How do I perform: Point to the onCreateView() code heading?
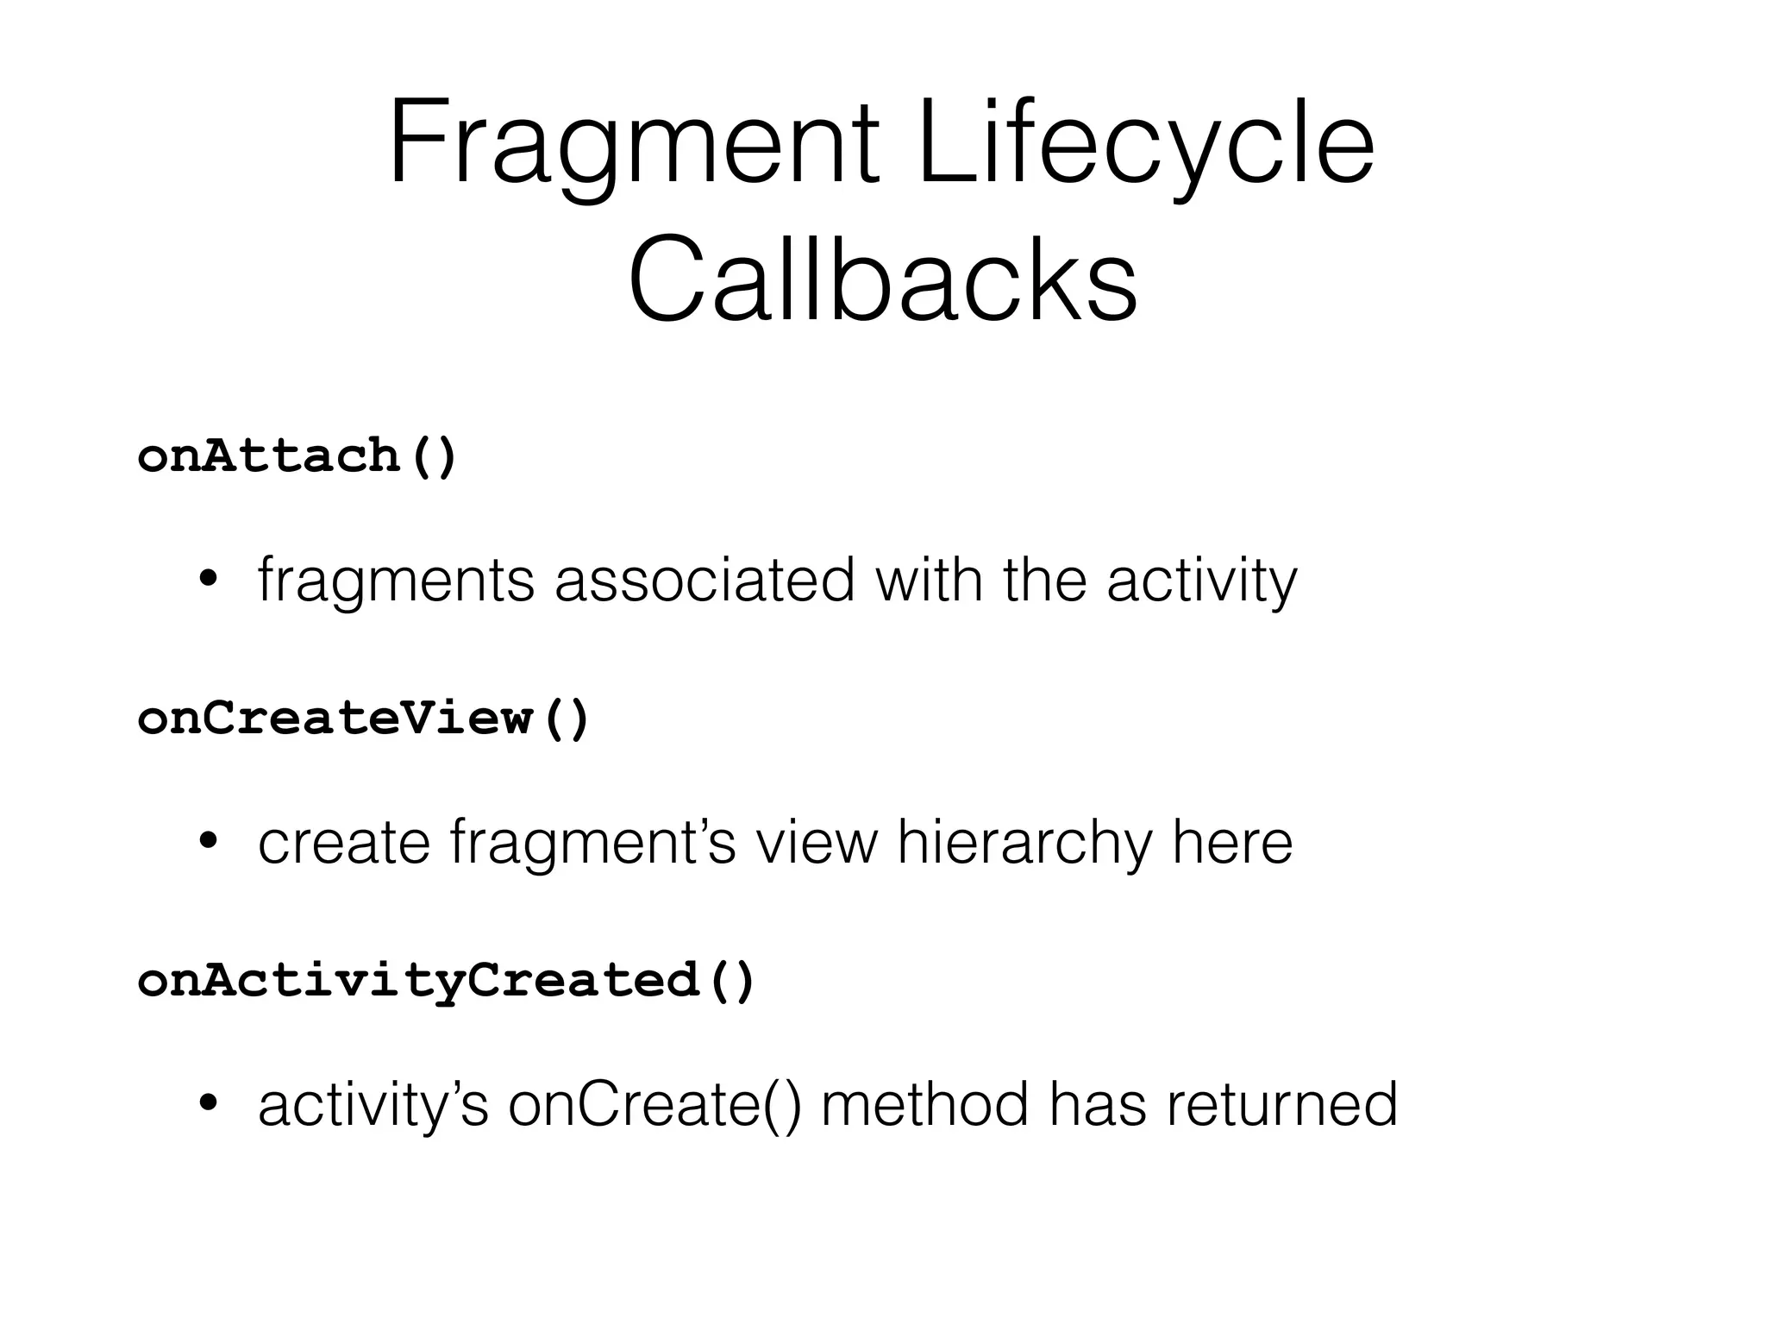click(x=363, y=718)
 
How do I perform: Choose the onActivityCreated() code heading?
click(x=446, y=980)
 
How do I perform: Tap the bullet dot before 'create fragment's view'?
click(x=207, y=843)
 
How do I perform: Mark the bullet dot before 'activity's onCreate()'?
click(x=207, y=1104)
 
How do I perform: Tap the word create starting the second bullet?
click(x=344, y=843)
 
